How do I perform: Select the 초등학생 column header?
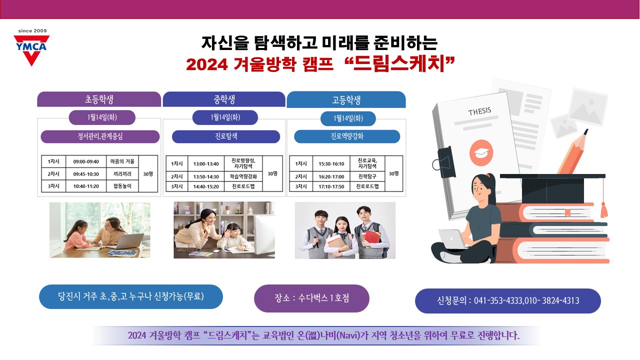coord(99,99)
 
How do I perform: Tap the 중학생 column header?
coord(224,99)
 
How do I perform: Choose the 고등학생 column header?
coord(346,99)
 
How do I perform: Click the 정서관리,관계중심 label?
coord(100,136)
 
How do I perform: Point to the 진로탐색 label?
coord(225,136)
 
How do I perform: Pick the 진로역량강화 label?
coord(347,136)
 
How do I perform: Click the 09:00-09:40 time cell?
coord(86,161)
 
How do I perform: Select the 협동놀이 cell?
coord(122,186)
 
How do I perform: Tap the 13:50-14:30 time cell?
coord(206,177)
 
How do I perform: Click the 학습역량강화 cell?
coord(243,176)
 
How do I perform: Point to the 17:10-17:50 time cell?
coord(331,186)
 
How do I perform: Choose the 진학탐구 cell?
coord(367,176)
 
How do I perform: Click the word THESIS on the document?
coord(479,111)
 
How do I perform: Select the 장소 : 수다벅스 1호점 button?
coord(311,298)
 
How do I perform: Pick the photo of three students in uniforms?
coord(345,230)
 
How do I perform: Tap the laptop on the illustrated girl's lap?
coord(452,239)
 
